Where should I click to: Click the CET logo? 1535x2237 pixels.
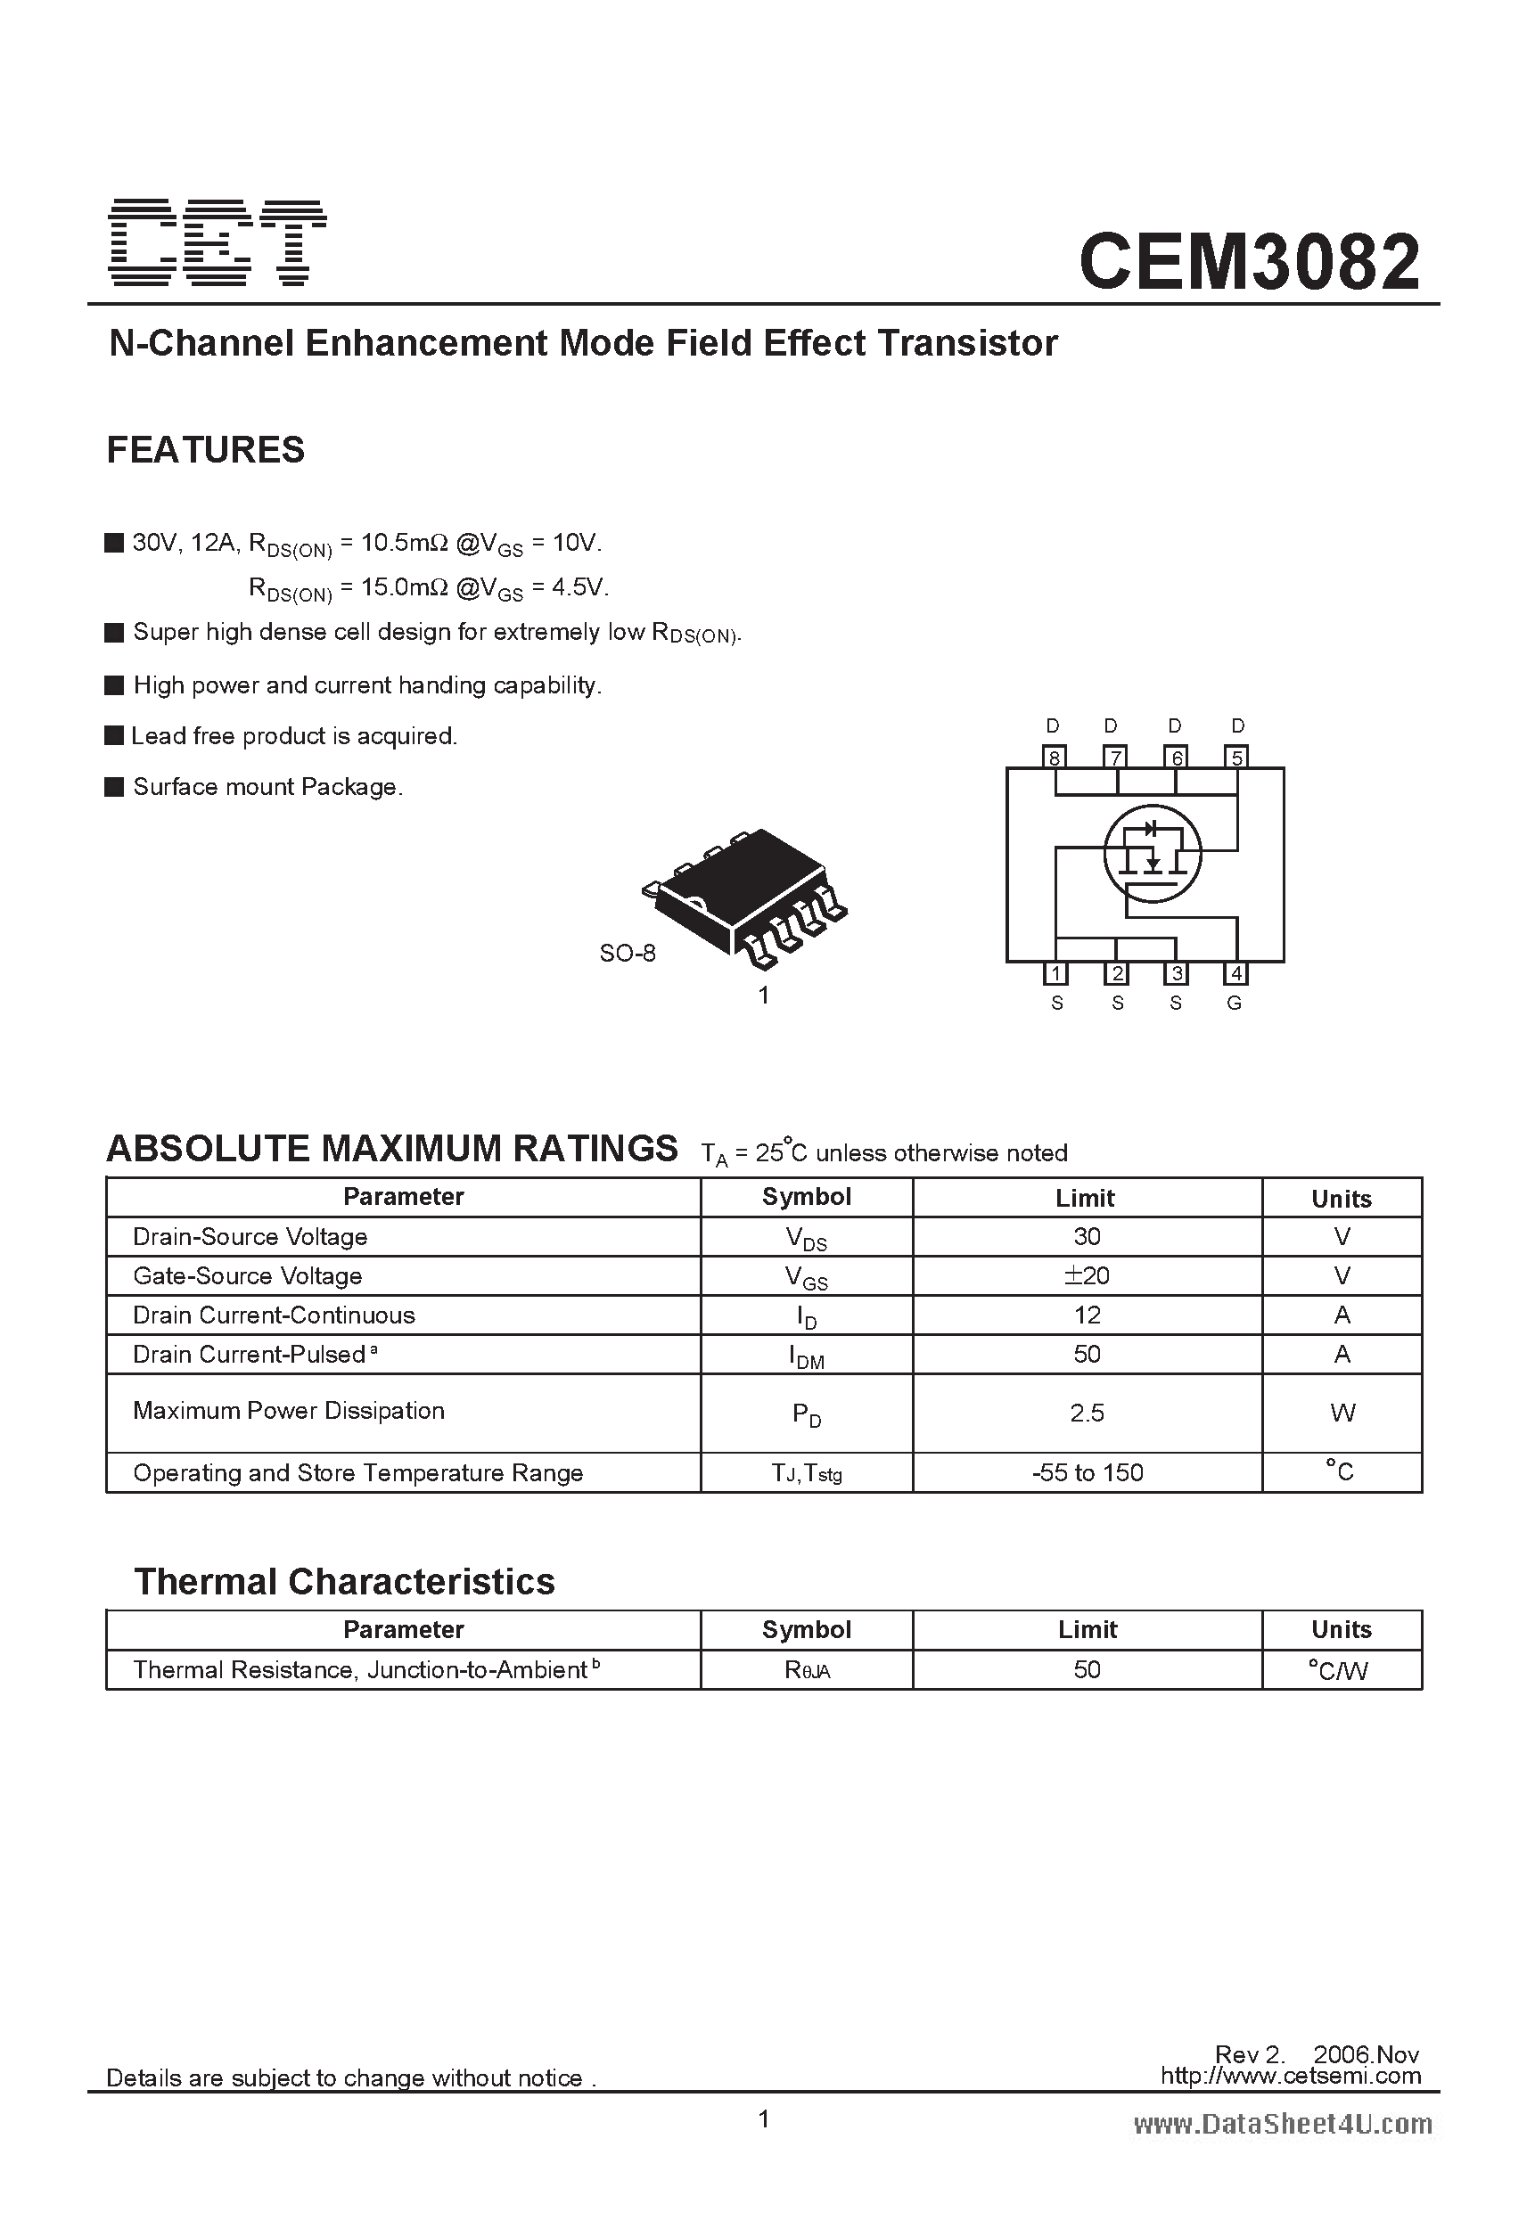point(217,242)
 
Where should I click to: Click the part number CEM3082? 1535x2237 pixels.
point(1249,262)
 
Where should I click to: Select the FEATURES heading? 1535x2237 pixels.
point(205,450)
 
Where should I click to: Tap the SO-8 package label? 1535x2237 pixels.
point(627,953)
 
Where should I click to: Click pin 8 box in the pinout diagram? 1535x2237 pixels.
point(1055,757)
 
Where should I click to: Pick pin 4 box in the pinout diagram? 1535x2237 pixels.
point(1235,973)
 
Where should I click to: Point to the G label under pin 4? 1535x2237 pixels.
point(1235,1003)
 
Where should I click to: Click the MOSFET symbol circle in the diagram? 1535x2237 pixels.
point(1152,853)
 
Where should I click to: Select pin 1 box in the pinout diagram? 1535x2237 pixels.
point(1055,973)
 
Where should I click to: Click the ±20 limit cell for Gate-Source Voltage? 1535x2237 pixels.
point(1087,1275)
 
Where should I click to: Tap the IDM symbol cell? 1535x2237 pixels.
point(806,1356)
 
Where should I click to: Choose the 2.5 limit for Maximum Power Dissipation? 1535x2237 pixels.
point(1087,1413)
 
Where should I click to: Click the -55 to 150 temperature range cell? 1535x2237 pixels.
point(1087,1472)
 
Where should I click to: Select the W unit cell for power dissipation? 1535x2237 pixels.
point(1342,1413)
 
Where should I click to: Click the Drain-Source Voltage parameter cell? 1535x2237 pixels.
point(250,1237)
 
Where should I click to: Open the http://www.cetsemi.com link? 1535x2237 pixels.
point(1291,2076)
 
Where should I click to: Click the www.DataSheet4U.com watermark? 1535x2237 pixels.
point(1283,2125)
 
